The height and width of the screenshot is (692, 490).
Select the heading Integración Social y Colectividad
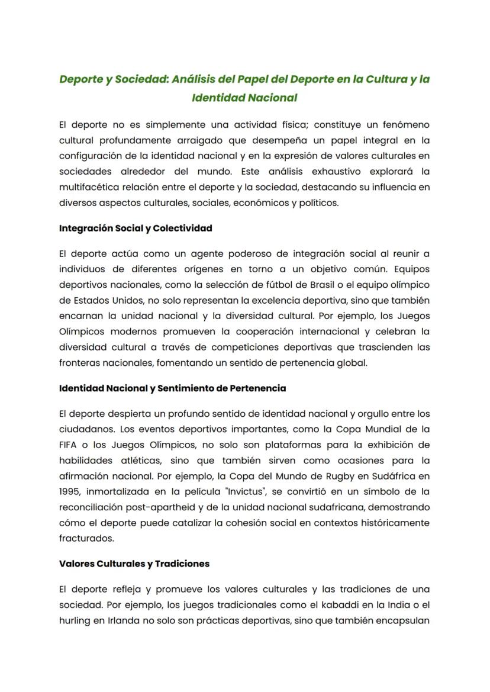pyautogui.click(x=136, y=228)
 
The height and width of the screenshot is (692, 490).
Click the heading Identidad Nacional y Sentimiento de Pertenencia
pyautogui.click(x=172, y=388)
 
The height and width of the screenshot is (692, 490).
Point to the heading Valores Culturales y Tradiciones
pyautogui.click(x=134, y=564)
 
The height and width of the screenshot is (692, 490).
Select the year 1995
pyautogui.click(x=69, y=491)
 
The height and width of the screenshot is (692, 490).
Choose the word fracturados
pyautogui.click(x=86, y=537)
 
